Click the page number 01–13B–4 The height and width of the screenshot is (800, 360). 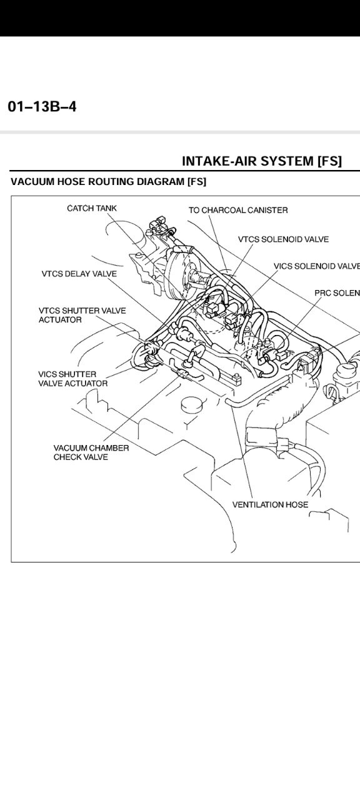click(41, 107)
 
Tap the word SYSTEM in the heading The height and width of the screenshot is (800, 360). click(284, 161)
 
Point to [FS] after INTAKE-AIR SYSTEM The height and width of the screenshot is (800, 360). click(329, 161)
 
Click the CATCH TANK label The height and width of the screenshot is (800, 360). click(91, 209)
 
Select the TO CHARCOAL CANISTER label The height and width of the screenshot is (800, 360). click(238, 210)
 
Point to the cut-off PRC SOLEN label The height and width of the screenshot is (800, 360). click(336, 294)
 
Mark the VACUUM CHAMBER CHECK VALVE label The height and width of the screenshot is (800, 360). click(91, 452)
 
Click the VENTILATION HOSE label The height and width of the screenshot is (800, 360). click(269, 504)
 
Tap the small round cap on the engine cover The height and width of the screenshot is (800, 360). click(189, 406)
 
